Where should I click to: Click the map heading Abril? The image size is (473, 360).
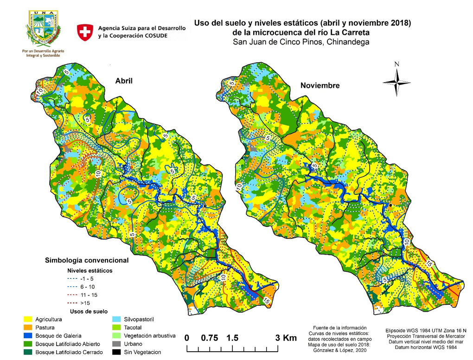coord(124,81)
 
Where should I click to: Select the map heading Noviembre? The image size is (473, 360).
coord(320,85)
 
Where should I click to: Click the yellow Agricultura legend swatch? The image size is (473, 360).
coord(28,319)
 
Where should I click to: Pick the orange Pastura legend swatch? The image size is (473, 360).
coord(28,328)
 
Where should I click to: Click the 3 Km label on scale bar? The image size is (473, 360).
coord(286,338)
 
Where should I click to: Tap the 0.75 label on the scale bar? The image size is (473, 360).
coord(210,338)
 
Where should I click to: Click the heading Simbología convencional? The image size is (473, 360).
coord(87,260)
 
